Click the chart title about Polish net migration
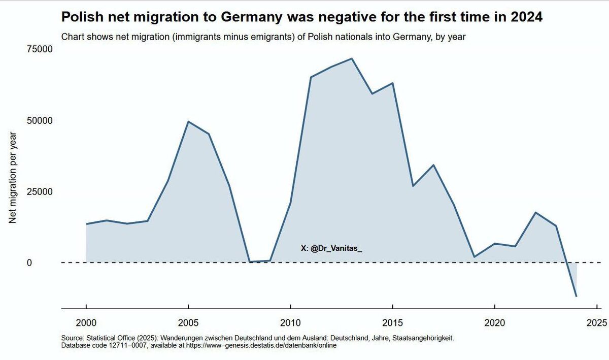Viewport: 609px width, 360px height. (302, 17)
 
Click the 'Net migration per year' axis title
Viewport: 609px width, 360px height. (14, 178)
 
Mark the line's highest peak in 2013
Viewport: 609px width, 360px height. (352, 58)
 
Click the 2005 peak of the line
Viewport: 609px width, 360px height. (188, 121)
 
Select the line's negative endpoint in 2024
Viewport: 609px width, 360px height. (577, 296)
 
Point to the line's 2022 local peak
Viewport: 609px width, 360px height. (535, 212)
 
